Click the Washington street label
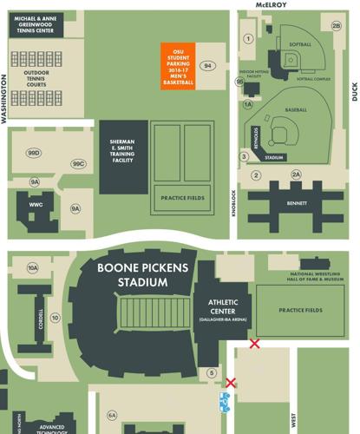(4, 100)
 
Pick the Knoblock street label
(234, 208)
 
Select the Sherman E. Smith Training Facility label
(122, 149)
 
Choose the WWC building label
(35, 205)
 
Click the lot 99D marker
(35, 154)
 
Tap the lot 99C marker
(79, 163)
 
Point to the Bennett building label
(297, 204)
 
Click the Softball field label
(300, 43)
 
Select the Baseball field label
(296, 110)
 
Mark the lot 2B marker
(337, 25)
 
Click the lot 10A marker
(33, 268)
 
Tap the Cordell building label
(41, 318)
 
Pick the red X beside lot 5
(231, 383)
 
